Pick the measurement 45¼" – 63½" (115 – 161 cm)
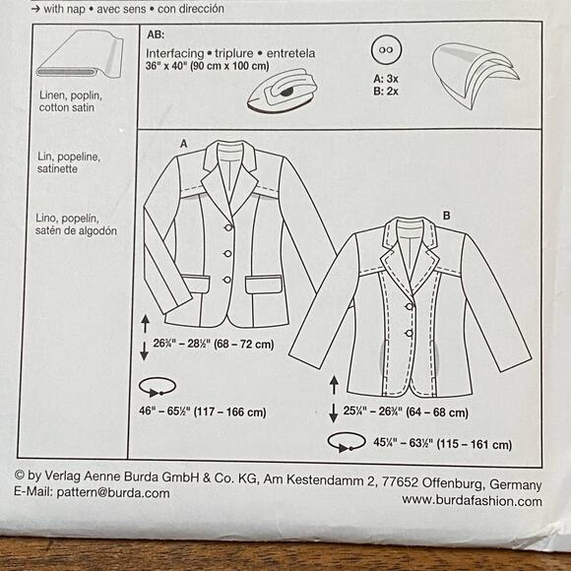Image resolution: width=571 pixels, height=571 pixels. (430, 446)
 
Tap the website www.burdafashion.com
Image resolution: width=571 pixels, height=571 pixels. (472, 501)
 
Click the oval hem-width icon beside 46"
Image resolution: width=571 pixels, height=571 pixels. (158, 386)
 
